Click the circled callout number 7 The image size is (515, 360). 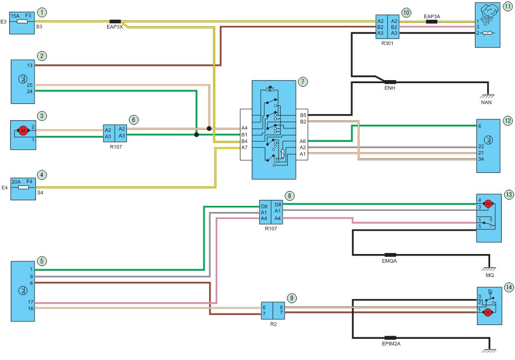click(303, 82)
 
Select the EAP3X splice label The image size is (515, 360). click(115, 27)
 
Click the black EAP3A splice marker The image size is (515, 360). click(432, 22)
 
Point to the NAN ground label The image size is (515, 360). click(486, 102)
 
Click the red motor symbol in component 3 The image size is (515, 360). click(23, 131)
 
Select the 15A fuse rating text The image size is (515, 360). click(15, 16)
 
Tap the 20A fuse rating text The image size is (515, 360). click(16, 182)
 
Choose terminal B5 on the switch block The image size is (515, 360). click(303, 115)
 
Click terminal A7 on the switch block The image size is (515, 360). click(245, 148)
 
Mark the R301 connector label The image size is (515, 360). click(387, 43)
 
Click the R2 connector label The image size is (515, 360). click(273, 324)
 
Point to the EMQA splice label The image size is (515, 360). click(389, 261)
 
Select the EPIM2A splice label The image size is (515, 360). click(391, 344)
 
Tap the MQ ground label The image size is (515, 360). click(490, 275)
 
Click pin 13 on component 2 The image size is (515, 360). click(29, 65)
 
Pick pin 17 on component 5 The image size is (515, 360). click(30, 302)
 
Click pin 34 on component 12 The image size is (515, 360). click(481, 159)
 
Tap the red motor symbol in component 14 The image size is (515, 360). click(488, 312)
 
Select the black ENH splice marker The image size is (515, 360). click(390, 82)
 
